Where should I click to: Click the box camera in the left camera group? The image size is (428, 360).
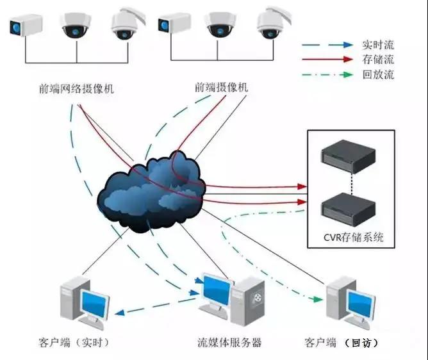(x=26, y=26)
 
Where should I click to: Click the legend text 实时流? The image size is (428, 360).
(x=377, y=45)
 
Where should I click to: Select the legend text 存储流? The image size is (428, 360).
(x=377, y=60)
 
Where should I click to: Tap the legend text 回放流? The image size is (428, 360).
(x=377, y=74)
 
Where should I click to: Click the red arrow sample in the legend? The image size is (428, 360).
(x=327, y=60)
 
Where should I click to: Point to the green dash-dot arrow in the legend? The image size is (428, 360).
(x=327, y=74)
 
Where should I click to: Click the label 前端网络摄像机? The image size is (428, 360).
(x=76, y=89)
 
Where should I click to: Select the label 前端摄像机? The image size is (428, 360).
(x=221, y=87)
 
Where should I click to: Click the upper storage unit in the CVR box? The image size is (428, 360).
(x=350, y=152)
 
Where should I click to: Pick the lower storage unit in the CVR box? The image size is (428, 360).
(x=350, y=208)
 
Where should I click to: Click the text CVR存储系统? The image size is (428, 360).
(x=353, y=238)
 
